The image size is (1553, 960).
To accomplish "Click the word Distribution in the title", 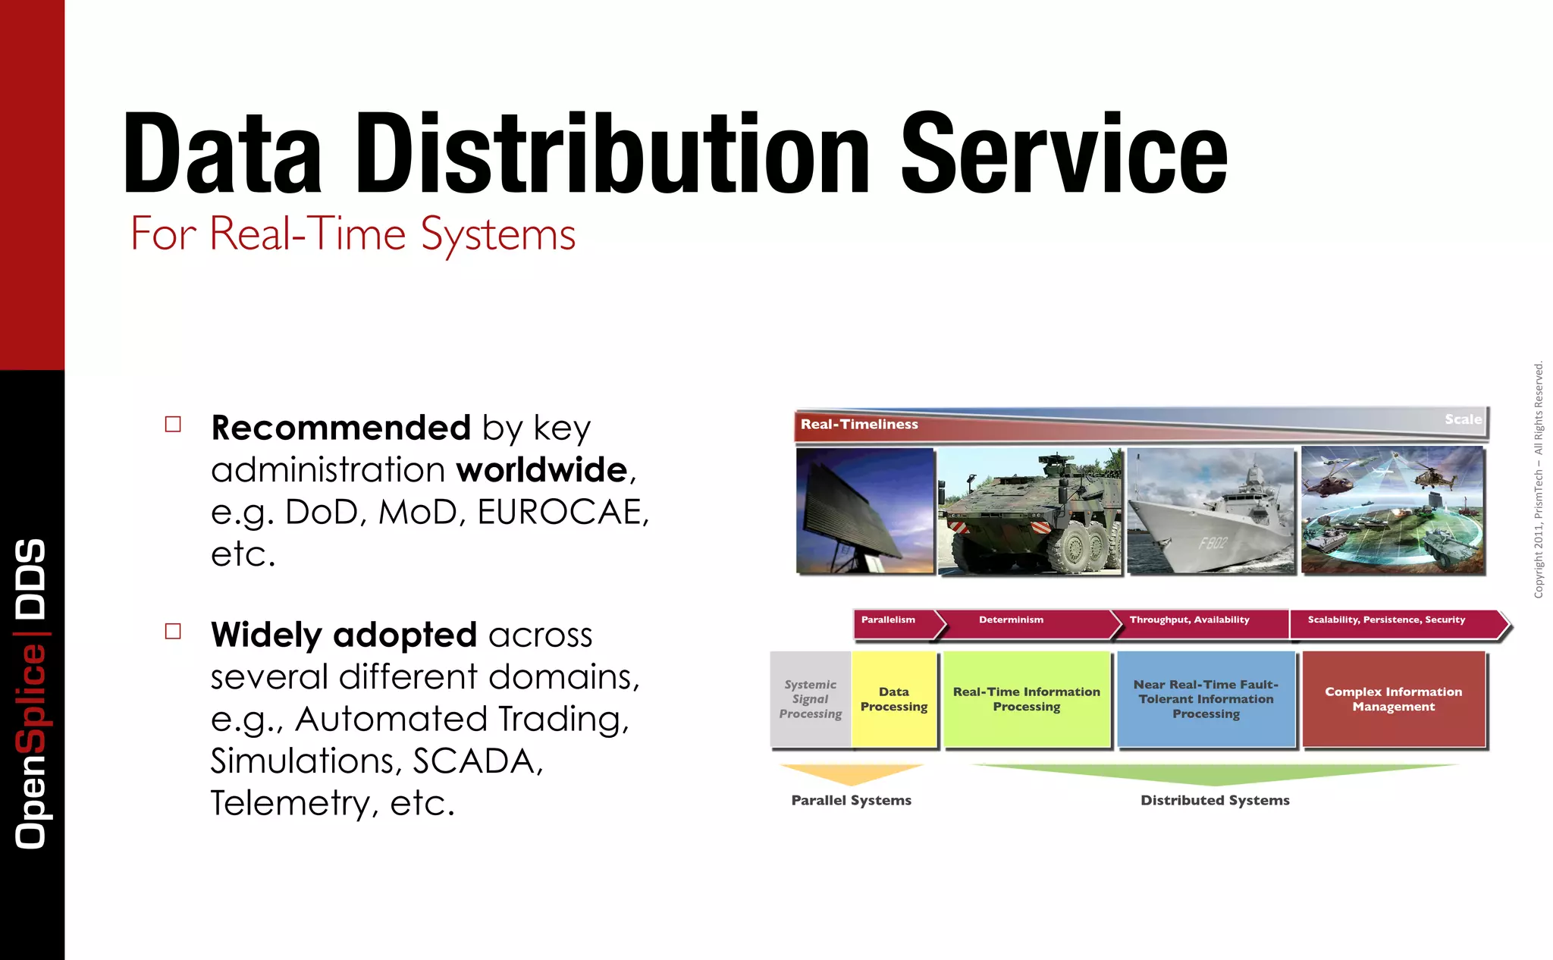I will click(x=613, y=153).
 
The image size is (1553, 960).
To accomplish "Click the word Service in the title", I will click(x=1063, y=153).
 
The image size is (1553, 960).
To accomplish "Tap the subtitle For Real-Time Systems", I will click(x=353, y=234).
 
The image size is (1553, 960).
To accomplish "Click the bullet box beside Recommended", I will click(x=173, y=424).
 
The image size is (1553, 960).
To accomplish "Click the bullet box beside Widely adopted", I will click(x=173, y=631).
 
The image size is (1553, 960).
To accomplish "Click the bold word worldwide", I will click(x=542, y=470).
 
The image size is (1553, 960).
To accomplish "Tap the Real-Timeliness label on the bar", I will click(x=859, y=425).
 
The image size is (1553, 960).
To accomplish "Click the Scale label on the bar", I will click(x=1462, y=419).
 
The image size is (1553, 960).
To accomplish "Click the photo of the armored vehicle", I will click(x=1030, y=511).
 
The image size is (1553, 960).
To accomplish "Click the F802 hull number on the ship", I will click(x=1213, y=543).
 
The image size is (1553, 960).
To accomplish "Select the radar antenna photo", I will click(x=865, y=510).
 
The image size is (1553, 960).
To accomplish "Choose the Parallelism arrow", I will click(x=889, y=620).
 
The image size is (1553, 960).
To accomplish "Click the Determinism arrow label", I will click(x=1011, y=620).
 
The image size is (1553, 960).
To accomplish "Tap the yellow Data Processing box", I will click(x=894, y=699).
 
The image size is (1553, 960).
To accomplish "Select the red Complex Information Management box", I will click(x=1393, y=699).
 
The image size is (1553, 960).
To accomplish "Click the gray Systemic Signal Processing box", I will click(x=810, y=699).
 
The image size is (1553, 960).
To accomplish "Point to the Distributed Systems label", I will click(x=1215, y=800).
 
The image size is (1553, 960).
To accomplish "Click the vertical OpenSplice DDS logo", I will click(x=31, y=694).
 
